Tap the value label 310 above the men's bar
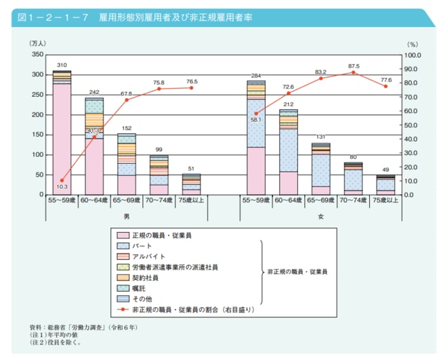click(62, 65)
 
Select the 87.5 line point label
click(354, 66)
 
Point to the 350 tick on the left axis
click(38, 54)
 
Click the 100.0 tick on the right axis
click(412, 54)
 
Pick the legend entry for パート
click(142, 246)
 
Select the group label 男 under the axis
click(127, 217)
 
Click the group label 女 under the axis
click(320, 217)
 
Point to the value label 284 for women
click(255, 75)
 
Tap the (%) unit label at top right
click(412, 44)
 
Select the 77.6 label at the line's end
click(386, 79)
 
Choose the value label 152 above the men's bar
click(127, 128)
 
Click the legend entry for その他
click(144, 300)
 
